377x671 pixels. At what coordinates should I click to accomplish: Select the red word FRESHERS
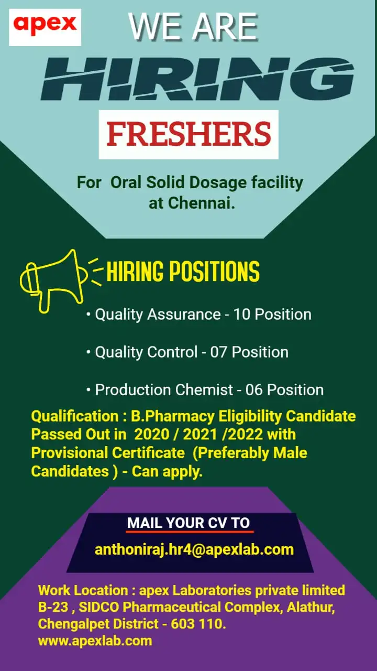(188, 134)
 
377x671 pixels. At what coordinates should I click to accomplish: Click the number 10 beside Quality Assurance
(242, 314)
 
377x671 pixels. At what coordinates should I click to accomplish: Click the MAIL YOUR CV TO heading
(188, 523)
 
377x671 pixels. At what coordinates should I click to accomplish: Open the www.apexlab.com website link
(95, 640)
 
